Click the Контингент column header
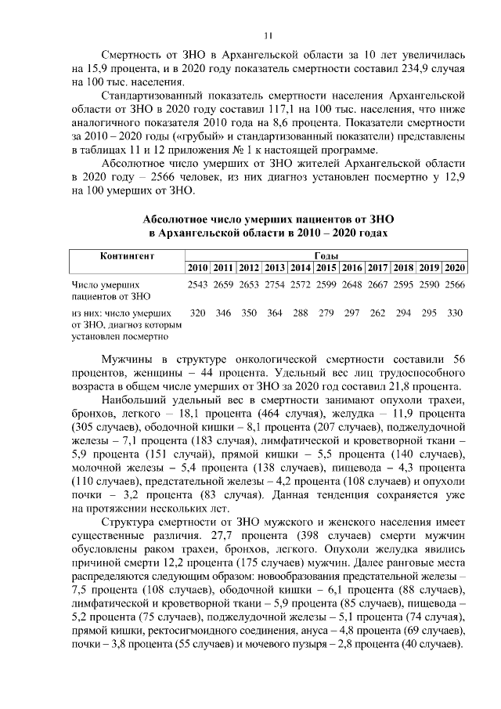pos(127,256)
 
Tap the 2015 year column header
pos(326,268)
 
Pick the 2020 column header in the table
pos(455,268)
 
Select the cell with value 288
pos(301,313)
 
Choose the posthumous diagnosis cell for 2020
pos(455,313)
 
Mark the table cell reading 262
pos(378,313)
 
